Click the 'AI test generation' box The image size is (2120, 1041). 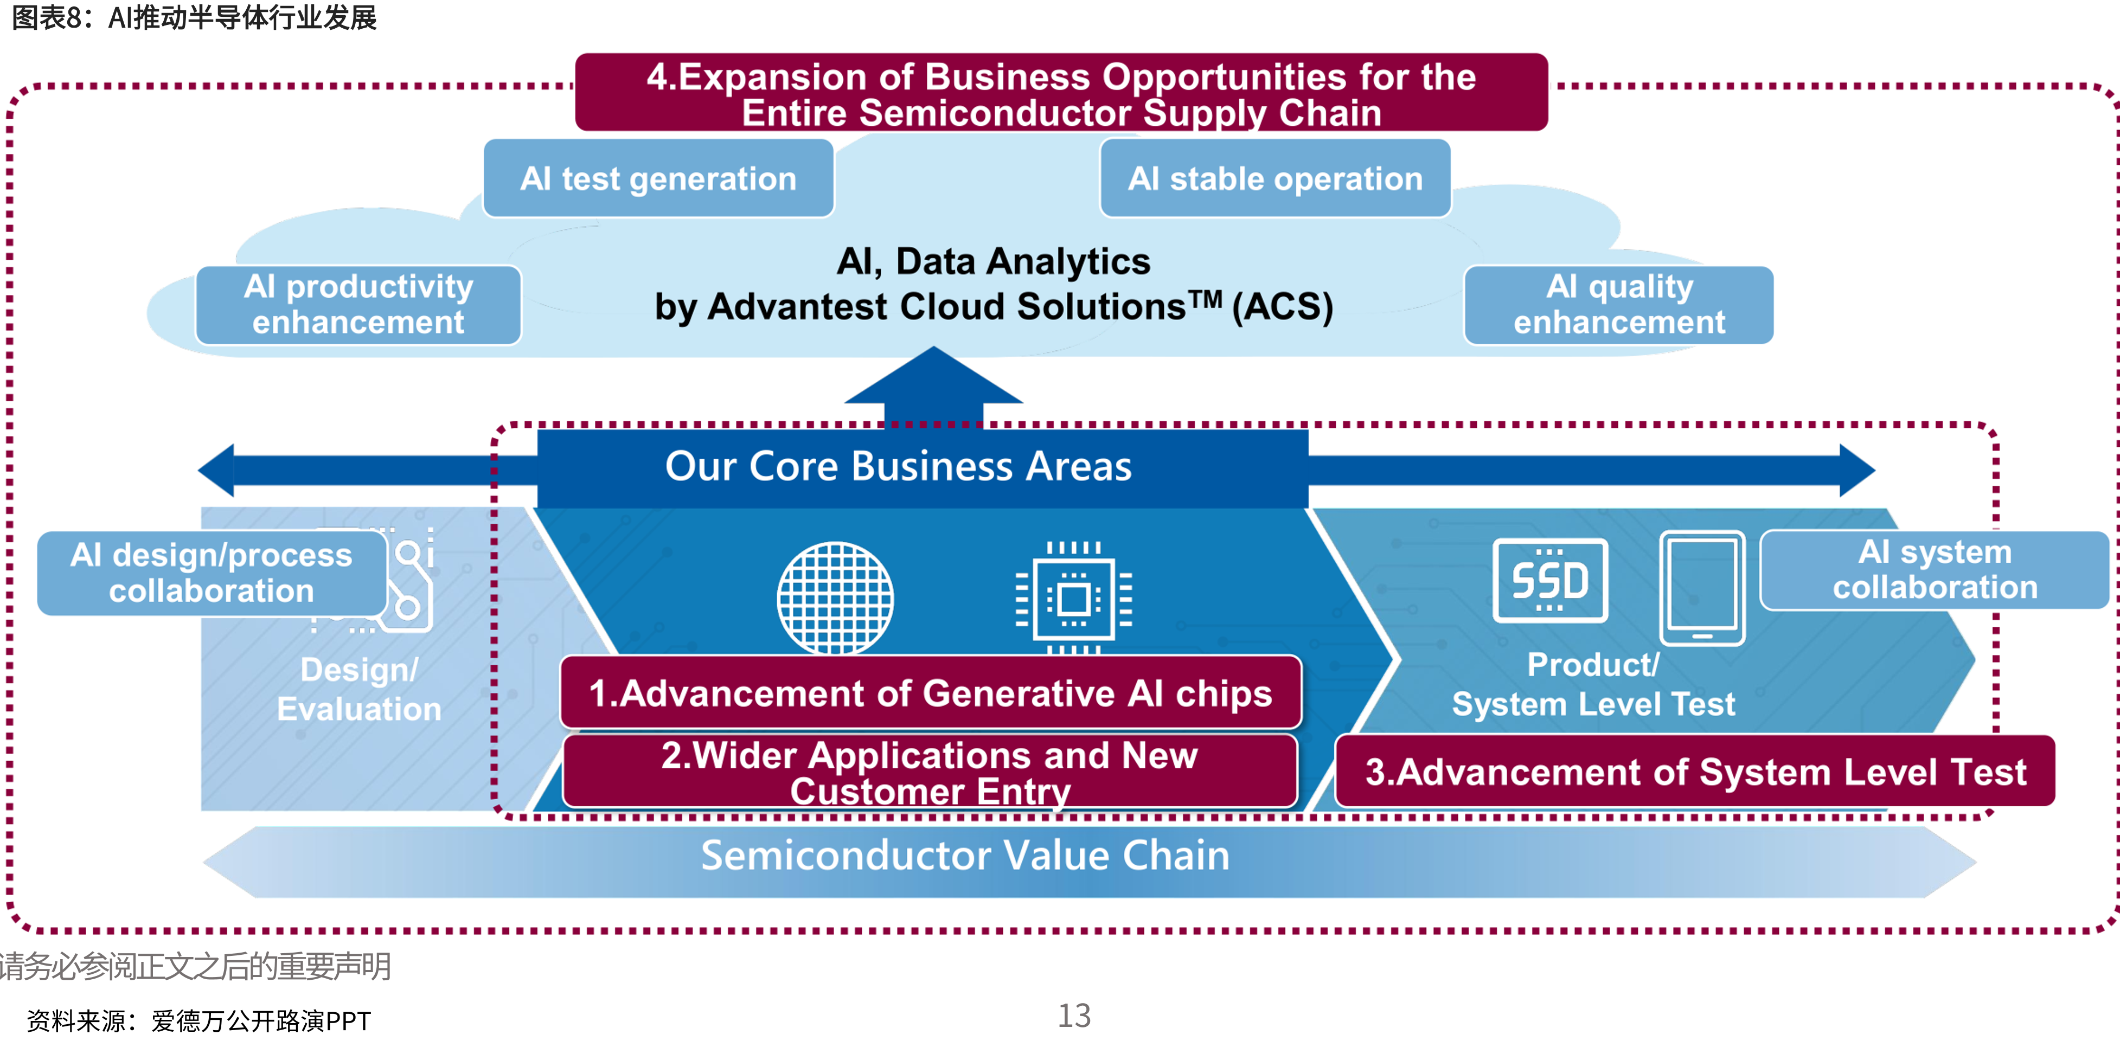pyautogui.click(x=658, y=178)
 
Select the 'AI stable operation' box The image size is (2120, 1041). pyautogui.click(x=1275, y=178)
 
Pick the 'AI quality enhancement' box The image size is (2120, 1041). pyautogui.click(x=1619, y=305)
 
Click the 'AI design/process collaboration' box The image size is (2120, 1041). pyautogui.click(x=212, y=573)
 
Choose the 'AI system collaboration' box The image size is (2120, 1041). pyautogui.click(x=1934, y=569)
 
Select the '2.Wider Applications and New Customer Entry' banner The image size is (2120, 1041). pyautogui.click(x=930, y=771)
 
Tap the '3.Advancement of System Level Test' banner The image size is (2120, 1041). pyautogui.click(x=1695, y=771)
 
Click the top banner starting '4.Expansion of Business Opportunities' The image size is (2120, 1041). pyautogui.click(x=1062, y=92)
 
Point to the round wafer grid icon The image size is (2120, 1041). pyautogui.click(x=835, y=598)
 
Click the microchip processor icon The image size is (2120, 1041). pyautogui.click(x=1074, y=598)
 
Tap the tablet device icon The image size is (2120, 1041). pyautogui.click(x=1702, y=588)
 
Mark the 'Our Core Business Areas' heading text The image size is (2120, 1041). pyautogui.click(x=899, y=466)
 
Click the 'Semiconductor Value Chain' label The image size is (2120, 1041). pyautogui.click(x=965, y=855)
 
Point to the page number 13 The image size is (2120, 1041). pyautogui.click(x=1074, y=1016)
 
